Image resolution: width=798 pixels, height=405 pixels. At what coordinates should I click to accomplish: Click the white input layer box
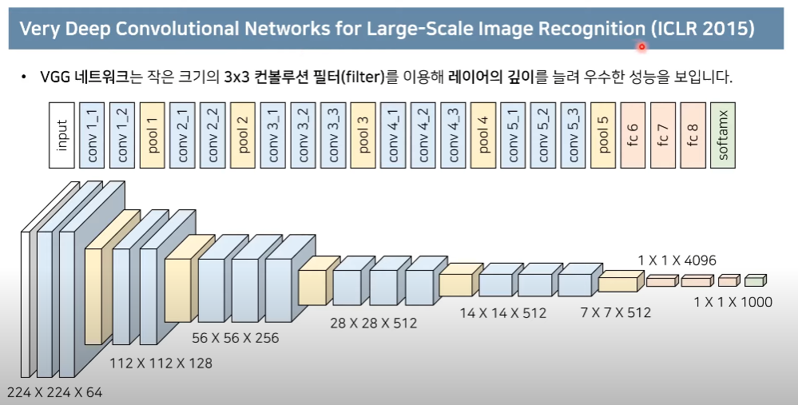tap(62, 135)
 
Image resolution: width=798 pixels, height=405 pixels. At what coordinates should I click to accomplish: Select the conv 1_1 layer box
tap(92, 135)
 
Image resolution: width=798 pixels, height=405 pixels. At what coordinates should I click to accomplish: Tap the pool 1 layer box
tap(152, 135)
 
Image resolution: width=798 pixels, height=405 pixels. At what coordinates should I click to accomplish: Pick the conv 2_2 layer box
tap(212, 135)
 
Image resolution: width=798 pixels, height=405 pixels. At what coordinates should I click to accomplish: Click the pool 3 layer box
tap(363, 135)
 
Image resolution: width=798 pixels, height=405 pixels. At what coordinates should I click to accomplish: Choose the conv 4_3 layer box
tap(453, 135)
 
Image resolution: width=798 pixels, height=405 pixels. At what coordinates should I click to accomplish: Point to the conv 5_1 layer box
tap(513, 135)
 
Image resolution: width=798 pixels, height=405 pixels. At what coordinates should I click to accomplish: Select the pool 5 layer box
tap(604, 135)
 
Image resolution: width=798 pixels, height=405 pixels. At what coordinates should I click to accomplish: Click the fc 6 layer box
tap(633, 135)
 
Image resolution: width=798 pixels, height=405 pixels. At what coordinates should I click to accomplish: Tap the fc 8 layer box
tap(693, 135)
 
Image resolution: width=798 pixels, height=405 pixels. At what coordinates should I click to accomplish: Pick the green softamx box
tap(724, 135)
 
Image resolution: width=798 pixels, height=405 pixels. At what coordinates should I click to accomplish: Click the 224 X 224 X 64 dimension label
tap(54, 392)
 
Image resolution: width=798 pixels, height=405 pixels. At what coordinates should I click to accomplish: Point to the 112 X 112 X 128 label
tap(161, 363)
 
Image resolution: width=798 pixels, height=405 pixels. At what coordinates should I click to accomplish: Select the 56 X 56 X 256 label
tap(236, 338)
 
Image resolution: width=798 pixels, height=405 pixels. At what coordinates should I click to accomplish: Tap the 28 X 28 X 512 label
tap(373, 324)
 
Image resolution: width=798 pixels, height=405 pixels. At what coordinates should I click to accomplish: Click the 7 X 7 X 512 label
tap(615, 312)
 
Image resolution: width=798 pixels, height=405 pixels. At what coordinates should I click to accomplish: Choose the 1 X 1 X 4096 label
tap(677, 260)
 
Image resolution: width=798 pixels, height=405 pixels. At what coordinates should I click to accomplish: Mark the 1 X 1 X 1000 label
tap(733, 302)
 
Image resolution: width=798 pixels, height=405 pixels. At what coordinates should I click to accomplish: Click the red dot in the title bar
tap(641, 47)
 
